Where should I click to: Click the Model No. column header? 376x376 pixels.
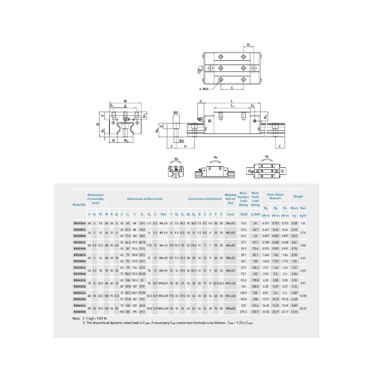(78, 205)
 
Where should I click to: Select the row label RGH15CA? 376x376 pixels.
(78, 222)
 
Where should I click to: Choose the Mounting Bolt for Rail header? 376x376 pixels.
(231, 198)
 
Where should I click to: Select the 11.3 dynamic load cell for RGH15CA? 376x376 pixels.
(243, 222)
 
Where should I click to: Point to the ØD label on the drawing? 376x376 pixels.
(176, 112)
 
